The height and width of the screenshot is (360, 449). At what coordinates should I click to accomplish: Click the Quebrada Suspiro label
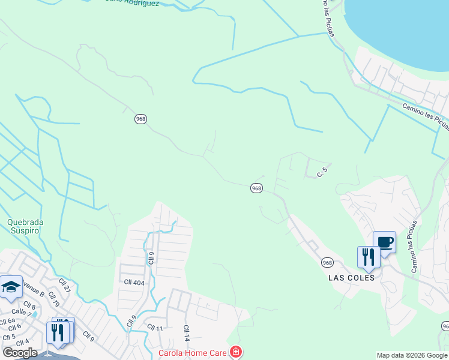click(x=25, y=226)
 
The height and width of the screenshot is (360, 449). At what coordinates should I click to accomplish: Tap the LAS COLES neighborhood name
click(x=352, y=278)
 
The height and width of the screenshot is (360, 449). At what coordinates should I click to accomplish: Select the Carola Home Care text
click(x=193, y=353)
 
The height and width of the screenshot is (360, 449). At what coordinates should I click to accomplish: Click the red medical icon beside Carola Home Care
click(x=237, y=352)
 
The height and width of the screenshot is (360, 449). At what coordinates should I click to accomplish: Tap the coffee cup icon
click(x=385, y=242)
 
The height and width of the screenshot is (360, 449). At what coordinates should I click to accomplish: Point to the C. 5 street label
click(x=322, y=172)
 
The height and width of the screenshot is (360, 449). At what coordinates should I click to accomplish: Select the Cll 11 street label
click(x=155, y=328)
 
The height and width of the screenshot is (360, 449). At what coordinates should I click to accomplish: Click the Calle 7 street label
click(x=21, y=312)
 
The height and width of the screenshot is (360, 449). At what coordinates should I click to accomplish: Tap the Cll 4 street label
click(x=23, y=342)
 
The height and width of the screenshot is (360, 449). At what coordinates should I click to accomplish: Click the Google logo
click(x=20, y=353)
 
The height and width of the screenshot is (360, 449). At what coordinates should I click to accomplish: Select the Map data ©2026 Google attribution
click(x=412, y=355)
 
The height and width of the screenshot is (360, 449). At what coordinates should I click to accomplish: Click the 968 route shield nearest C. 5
click(x=256, y=188)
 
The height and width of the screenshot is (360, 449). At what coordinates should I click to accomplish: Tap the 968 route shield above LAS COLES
click(x=327, y=262)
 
